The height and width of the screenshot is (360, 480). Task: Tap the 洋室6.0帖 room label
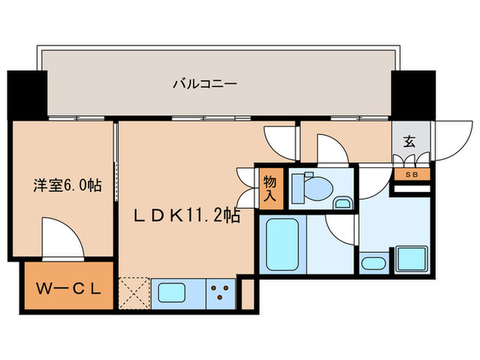coord(68,184)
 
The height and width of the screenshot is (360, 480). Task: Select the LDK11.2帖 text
coord(186,216)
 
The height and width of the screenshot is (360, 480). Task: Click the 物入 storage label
coord(271,187)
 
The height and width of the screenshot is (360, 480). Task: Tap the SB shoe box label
coord(411,174)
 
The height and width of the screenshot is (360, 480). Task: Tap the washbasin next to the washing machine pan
coord(374,263)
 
